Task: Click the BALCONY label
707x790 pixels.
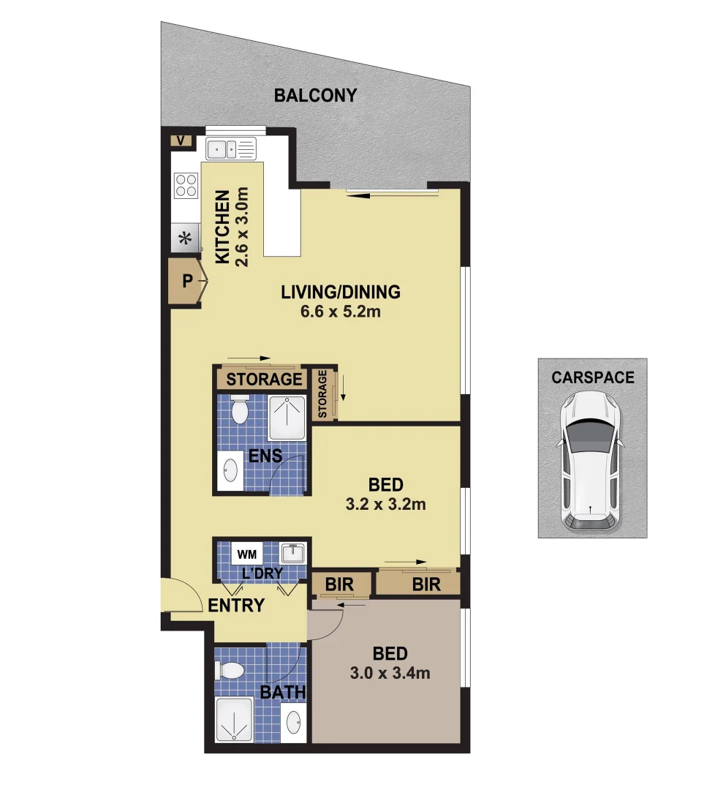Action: pos(315,95)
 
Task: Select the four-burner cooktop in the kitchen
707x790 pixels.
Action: pos(186,184)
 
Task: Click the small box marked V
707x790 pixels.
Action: pos(181,140)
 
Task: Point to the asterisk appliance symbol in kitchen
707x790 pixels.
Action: pos(185,238)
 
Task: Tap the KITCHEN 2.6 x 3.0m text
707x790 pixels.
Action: pos(232,227)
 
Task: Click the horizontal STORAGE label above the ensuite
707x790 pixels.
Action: pos(264,379)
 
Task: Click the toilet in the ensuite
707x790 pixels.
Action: pos(239,412)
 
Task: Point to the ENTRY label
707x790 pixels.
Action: pos(236,606)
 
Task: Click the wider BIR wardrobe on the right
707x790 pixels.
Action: pos(426,584)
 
